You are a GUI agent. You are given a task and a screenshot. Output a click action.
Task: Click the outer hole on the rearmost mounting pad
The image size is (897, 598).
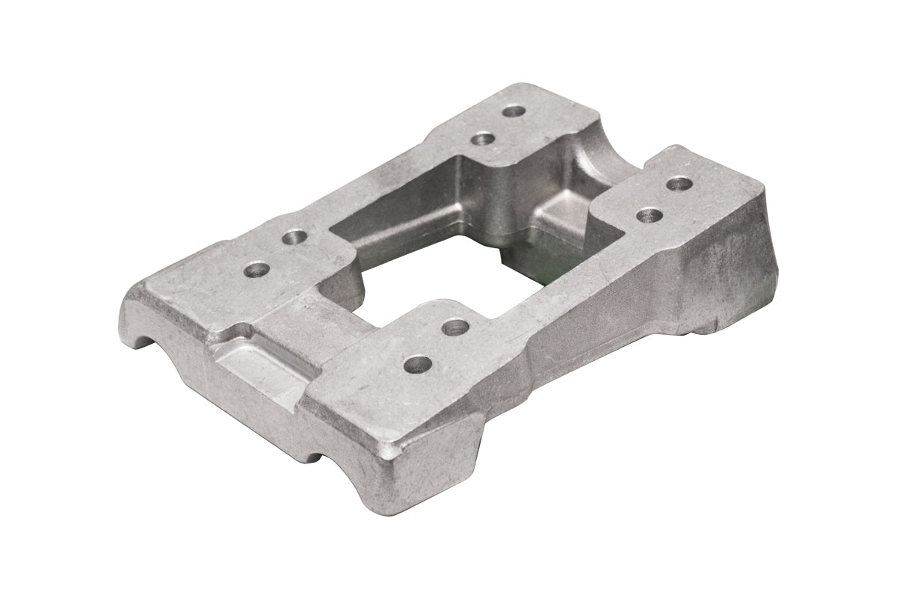[x=514, y=111]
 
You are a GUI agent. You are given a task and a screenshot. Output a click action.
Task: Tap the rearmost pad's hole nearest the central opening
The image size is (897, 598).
[x=483, y=139]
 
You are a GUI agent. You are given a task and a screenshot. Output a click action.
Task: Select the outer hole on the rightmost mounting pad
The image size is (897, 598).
[x=678, y=183]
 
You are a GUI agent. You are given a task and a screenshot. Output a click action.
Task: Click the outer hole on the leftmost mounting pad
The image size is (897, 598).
[x=256, y=268]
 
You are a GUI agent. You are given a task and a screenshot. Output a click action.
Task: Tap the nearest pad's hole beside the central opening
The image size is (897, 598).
[x=455, y=327]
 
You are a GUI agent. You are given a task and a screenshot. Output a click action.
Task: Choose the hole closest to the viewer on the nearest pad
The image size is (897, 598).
[x=417, y=365]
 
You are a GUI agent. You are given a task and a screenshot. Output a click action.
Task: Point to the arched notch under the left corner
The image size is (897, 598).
[x=149, y=340]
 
